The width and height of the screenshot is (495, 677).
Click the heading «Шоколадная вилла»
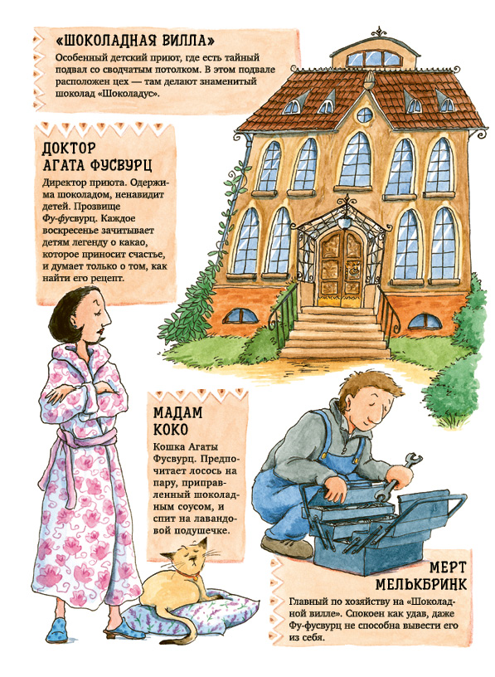pos(135,41)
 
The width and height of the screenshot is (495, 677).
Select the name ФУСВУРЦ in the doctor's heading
pos(117,165)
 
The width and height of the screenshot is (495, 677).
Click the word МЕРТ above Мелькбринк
pos(448,567)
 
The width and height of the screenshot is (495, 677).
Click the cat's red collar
pos(187,576)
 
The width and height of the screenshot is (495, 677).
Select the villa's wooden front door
pos(341,268)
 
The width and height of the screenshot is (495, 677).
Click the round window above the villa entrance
pos(365,114)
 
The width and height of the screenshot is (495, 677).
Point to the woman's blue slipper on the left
pos(57,630)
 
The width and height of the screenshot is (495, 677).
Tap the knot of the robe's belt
pos(64,446)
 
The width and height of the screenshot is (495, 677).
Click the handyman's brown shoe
pos(286,547)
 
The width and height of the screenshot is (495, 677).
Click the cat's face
pos(192,557)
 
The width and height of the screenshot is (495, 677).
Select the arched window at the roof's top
pos(375,58)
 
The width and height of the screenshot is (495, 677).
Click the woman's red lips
pos(101,331)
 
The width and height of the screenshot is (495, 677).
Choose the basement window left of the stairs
pos(240,316)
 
